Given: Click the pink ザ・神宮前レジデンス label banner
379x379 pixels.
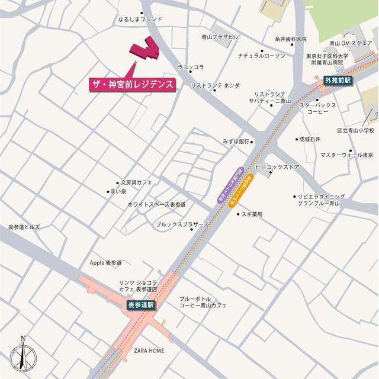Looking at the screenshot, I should tap(133, 83).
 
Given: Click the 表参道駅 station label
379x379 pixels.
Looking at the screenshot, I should tap(141, 304).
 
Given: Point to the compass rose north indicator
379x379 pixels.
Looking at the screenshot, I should tap(23, 356).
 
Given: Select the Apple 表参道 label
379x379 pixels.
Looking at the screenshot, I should tap(105, 262).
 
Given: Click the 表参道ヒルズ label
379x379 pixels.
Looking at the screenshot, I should tap(24, 227).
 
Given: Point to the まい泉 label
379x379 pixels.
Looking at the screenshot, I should tap(118, 191).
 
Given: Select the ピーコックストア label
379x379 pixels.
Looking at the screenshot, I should tap(277, 167).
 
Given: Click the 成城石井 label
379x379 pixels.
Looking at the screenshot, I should tap(310, 139).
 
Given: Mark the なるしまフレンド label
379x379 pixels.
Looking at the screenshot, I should tap(140, 19).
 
